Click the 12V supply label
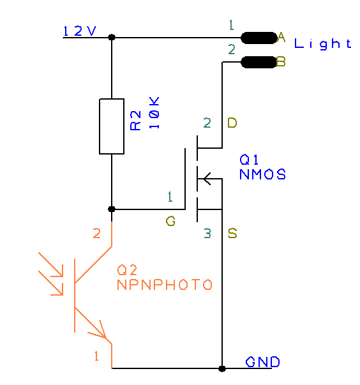[x=80, y=31]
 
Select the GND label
[x=262, y=363]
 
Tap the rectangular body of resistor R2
[x=112, y=126]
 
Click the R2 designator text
[x=135, y=120]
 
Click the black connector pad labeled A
[x=259, y=38]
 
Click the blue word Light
[x=322, y=44]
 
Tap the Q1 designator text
[x=250, y=159]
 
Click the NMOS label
[x=262, y=174]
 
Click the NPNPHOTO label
[x=164, y=285]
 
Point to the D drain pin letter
[x=232, y=123]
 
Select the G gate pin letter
[x=170, y=222]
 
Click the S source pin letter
[x=232, y=234]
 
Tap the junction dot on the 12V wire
[x=112, y=38]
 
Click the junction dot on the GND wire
[x=222, y=368]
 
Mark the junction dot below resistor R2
[x=112, y=209]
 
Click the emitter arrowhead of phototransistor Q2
[x=100, y=331]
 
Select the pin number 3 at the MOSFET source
[x=207, y=234]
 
